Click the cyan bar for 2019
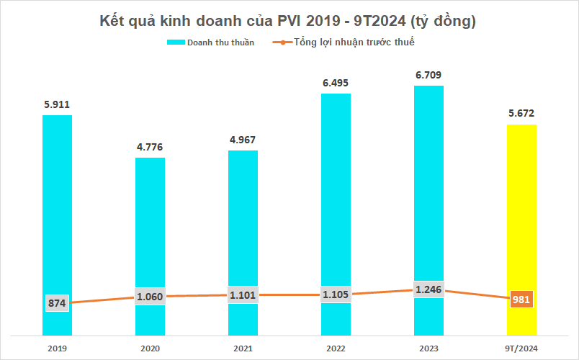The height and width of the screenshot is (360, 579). [57, 209]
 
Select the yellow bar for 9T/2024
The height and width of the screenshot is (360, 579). [522, 209]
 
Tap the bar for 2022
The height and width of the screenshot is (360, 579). [336, 194]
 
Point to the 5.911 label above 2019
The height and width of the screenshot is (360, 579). [57, 104]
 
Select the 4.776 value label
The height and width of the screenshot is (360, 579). [150, 147]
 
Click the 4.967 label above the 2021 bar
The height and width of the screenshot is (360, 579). [243, 140]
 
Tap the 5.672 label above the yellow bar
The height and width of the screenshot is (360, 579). [522, 113]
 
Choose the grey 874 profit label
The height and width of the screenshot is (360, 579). [57, 303]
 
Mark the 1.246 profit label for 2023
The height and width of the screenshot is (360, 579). [428, 289]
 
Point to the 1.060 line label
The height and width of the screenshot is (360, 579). [150, 296]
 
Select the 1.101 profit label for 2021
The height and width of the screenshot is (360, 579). [243, 294]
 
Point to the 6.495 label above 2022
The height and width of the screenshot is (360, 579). [336, 83]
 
